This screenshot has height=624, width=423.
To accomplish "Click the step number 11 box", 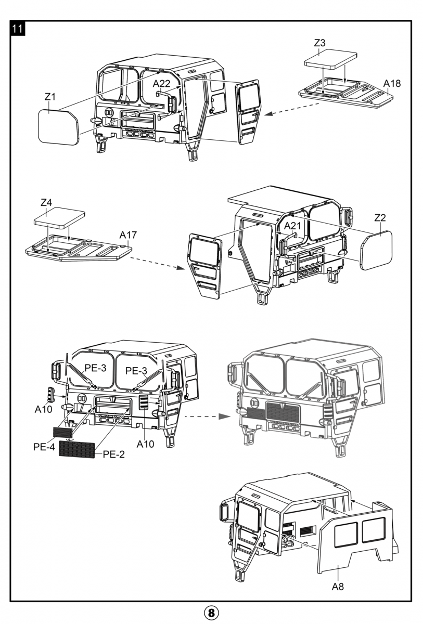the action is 18,29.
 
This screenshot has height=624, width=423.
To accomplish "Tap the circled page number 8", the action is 211,613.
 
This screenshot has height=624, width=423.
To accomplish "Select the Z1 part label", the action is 50,97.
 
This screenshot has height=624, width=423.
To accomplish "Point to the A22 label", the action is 161,83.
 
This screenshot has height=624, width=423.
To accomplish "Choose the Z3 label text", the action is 319,43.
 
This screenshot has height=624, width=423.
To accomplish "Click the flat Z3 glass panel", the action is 330,59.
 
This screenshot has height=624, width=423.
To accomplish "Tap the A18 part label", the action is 392,83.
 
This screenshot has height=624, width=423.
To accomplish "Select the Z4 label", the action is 46,202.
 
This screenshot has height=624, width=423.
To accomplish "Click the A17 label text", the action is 128,235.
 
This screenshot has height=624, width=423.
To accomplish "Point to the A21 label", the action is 292,226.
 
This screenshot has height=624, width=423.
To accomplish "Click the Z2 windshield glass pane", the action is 376,250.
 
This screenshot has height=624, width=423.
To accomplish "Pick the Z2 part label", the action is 380,217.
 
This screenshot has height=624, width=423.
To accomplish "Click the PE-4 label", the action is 44,447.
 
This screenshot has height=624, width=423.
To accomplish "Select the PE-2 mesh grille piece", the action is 77,449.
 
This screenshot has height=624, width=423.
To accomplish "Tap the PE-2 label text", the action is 114,454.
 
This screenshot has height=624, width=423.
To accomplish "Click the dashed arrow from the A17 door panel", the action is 158,263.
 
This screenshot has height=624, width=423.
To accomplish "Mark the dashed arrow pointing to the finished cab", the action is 208,417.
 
